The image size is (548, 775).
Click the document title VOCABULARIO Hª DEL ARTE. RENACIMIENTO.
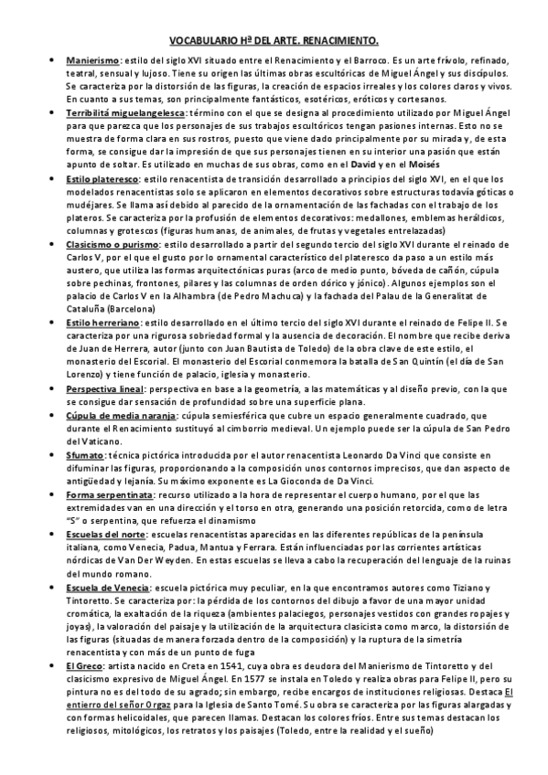pos(274,41)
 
